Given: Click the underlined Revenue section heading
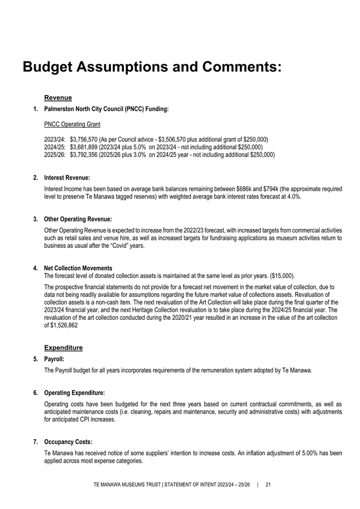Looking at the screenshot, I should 57,98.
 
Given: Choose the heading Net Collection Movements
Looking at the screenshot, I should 78,268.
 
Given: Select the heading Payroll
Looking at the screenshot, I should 54,359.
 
